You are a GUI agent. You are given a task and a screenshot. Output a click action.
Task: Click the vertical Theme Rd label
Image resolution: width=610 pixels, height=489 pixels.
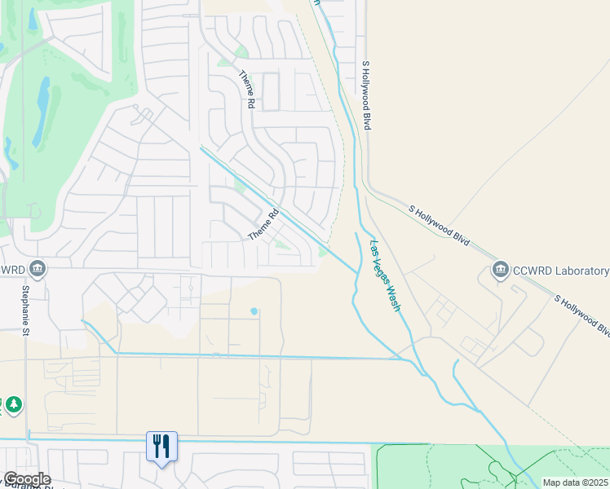[x=246, y=90]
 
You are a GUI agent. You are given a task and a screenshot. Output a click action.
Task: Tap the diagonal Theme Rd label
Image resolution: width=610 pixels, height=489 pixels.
[x=263, y=223]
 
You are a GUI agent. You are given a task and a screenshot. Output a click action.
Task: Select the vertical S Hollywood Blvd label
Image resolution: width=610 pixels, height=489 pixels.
[x=366, y=95]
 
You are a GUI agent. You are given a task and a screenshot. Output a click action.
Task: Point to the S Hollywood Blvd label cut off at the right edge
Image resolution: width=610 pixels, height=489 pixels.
[x=582, y=315]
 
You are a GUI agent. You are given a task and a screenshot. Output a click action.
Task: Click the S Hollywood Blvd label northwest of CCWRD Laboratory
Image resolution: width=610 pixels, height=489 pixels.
[x=440, y=226]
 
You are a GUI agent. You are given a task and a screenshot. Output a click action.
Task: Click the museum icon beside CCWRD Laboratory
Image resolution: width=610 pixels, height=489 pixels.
[x=500, y=270]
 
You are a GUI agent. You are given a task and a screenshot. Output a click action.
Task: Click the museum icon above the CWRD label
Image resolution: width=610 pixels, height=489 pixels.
[x=37, y=268]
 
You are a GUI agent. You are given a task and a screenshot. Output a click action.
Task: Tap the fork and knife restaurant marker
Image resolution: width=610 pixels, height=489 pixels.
[x=161, y=446]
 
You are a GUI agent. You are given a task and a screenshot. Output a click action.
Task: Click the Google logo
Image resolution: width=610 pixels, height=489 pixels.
[x=27, y=479]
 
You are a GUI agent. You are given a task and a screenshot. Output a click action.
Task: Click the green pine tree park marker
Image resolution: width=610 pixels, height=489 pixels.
[x=13, y=404]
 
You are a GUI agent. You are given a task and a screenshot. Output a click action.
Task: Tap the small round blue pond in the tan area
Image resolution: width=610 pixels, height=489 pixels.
[x=254, y=311]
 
